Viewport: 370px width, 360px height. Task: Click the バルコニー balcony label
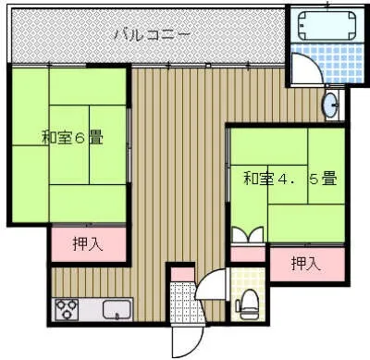[153, 35]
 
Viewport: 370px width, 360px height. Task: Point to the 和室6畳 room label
[70, 140]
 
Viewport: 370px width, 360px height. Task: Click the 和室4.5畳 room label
[288, 178]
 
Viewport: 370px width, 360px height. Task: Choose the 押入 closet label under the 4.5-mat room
[305, 263]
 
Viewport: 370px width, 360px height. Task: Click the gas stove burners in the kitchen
[68, 309]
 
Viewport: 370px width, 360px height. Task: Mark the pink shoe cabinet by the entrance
[182, 273]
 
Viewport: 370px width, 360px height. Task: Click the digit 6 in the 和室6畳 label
[80, 140]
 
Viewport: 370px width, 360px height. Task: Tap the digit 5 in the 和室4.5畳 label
[314, 178]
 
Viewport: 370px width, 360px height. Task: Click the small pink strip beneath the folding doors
[247, 254]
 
